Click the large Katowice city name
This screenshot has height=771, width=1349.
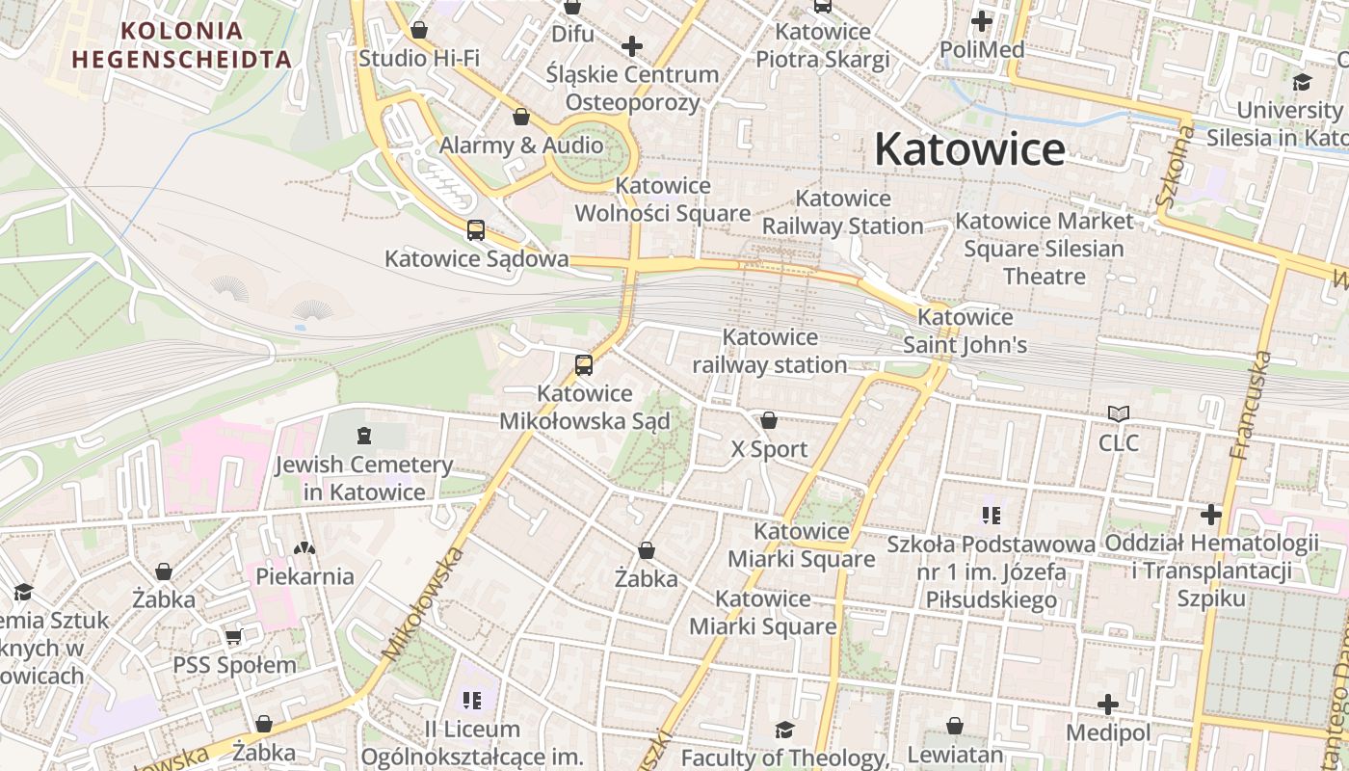coord(969,149)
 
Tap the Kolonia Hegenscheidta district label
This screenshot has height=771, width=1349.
coord(181,44)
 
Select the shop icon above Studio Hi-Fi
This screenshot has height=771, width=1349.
coord(419,30)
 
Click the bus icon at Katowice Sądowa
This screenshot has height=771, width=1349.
coord(476,230)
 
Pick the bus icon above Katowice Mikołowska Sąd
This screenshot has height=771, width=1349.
coord(584,365)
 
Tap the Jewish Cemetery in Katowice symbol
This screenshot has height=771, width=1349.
coord(364,437)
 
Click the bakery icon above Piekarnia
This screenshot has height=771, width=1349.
coord(304,548)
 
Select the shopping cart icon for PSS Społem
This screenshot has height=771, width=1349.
coord(233,637)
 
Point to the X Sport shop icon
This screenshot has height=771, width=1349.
coord(769,420)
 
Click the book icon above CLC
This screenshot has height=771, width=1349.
coord(1118,414)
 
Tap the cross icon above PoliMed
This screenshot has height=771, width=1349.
coord(982,20)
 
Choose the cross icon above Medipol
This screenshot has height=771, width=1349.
coord(1108,705)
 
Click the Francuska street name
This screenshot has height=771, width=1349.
coord(1252,405)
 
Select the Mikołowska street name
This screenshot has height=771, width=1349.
coord(424,604)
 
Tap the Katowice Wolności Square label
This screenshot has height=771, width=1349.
coord(662,199)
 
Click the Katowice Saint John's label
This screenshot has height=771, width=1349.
coord(965,331)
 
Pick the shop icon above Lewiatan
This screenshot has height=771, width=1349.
coord(955,726)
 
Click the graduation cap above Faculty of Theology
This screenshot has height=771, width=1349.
coord(784,730)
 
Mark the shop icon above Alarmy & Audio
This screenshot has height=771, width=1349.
coord(521,118)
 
